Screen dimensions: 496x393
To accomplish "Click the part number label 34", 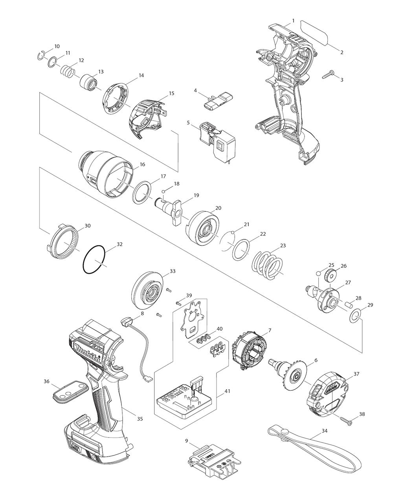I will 324,431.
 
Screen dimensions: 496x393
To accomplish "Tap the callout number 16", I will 142,165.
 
